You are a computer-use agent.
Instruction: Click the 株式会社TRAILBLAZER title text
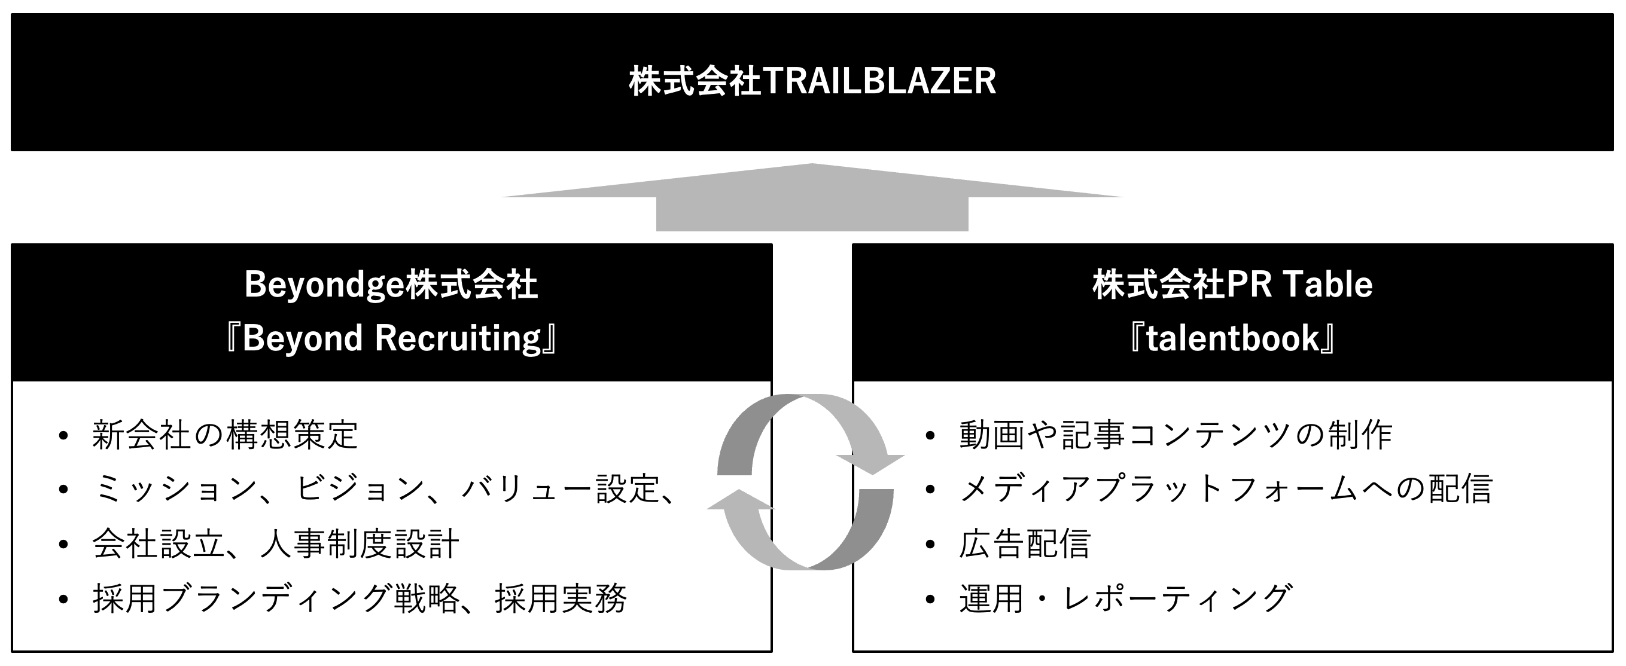pos(812,82)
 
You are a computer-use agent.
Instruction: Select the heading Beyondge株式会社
pos(391,285)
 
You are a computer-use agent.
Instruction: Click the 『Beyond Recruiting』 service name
pos(391,338)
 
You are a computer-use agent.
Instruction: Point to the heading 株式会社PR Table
pos(1232,285)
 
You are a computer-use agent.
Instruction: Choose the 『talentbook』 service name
pos(1232,338)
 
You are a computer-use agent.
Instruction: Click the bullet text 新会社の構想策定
pos(226,435)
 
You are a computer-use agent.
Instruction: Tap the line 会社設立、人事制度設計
pos(275,543)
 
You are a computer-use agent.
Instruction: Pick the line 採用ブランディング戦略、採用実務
pos(360,598)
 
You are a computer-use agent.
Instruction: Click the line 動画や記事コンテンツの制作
pos(1176,435)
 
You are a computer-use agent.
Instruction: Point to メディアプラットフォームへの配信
pos(1225,490)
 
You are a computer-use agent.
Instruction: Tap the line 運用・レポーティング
pos(1125,598)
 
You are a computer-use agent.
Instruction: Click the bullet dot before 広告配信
pos(929,544)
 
